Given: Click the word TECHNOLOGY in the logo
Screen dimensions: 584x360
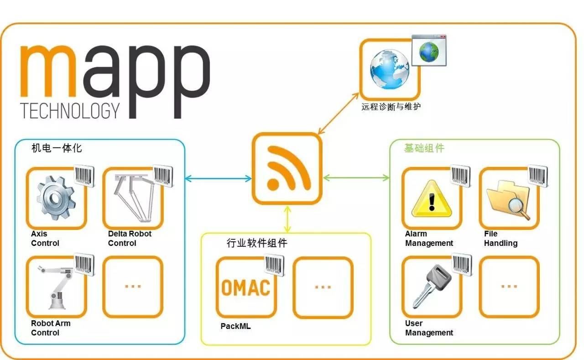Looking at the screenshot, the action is point(70,110).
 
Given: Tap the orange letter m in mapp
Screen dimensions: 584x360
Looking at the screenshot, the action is point(48,71).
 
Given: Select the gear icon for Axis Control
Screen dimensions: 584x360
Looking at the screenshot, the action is point(56,198).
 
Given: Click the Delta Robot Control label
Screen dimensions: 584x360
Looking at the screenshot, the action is point(130,238).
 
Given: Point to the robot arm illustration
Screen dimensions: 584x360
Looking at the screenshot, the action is point(56,287).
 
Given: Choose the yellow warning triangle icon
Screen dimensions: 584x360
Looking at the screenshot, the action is point(432,198).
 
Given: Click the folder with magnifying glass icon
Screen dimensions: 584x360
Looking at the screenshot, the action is point(508,200).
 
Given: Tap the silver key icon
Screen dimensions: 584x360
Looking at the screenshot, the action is point(432,286).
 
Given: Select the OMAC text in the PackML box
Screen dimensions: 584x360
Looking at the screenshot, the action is point(245,288).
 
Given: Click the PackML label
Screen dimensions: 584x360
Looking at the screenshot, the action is point(235,326).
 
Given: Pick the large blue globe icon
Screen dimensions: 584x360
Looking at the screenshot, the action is point(390,69).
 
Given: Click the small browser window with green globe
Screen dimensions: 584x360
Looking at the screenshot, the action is point(429,50).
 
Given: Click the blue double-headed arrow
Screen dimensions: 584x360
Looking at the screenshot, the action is point(218,178).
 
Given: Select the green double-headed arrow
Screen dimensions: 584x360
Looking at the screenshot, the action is point(356,178).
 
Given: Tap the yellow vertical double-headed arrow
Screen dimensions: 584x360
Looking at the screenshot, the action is point(287,219).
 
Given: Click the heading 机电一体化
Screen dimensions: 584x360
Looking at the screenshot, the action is point(57,148).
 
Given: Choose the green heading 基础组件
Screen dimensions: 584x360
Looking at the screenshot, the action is point(424,148).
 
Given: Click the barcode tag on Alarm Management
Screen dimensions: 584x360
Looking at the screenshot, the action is point(460,176).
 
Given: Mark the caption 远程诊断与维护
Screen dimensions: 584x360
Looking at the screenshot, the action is point(391,107).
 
